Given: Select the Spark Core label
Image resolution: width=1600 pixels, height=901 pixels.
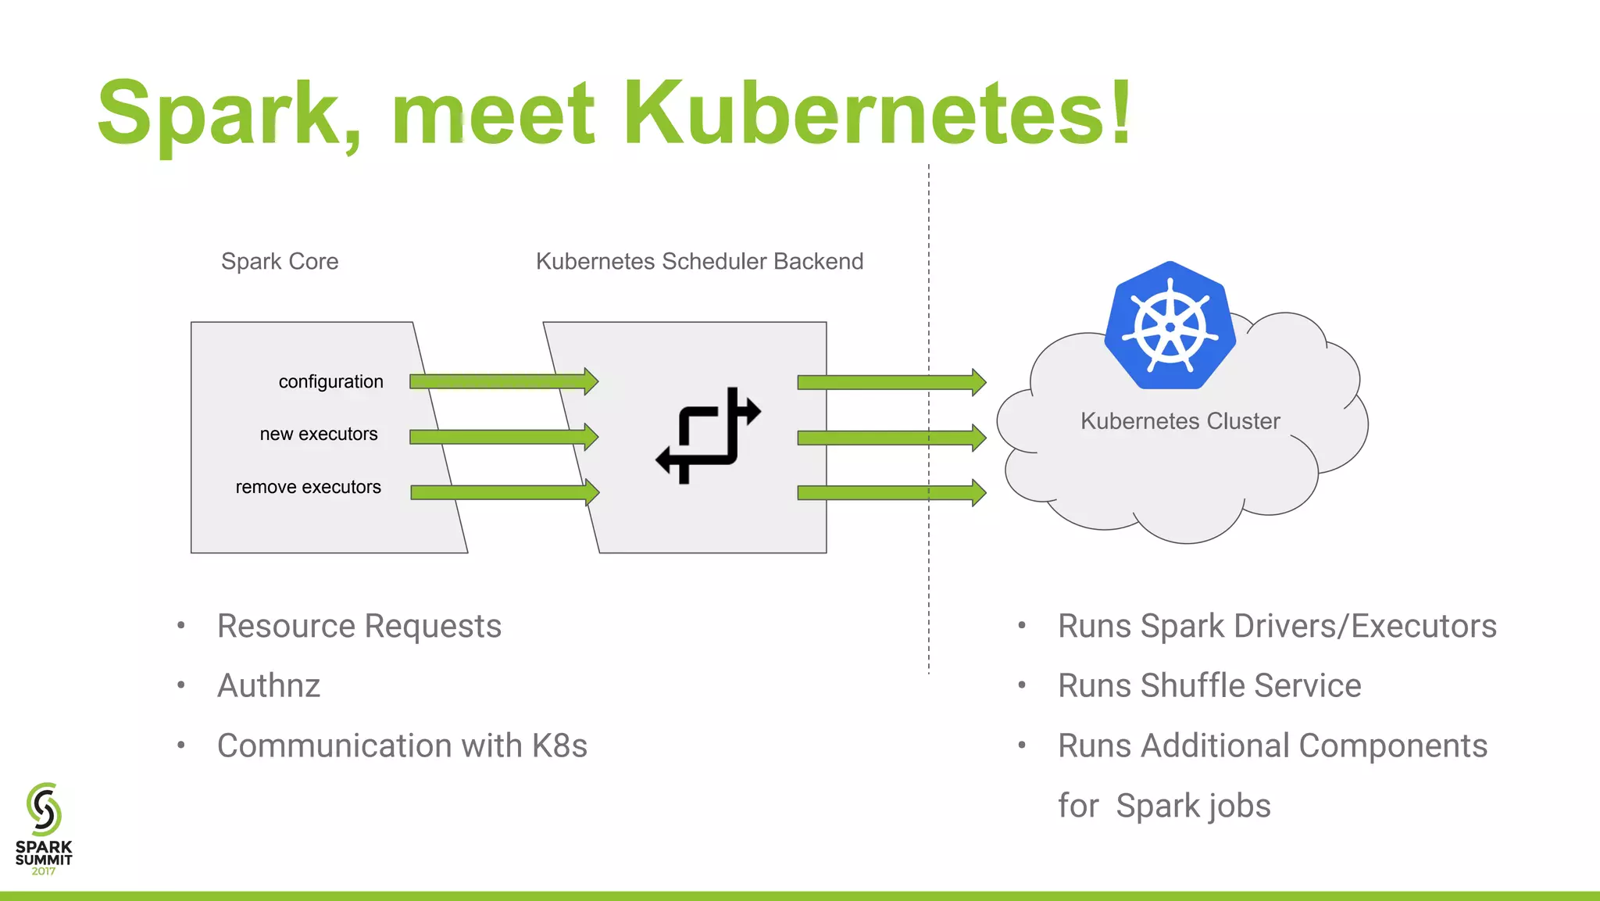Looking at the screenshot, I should tap(280, 261).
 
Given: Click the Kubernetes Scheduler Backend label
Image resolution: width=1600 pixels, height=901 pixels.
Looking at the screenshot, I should tap(699, 261).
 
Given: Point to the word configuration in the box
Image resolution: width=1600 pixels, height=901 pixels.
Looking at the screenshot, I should tap(330, 381).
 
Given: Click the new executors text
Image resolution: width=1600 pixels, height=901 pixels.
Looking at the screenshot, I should tap(319, 434).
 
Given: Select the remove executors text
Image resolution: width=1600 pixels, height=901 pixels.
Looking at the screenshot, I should tap(308, 487).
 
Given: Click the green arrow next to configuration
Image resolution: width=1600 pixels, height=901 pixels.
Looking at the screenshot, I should tap(504, 381).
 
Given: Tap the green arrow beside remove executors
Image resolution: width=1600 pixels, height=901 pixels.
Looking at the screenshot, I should tap(505, 492).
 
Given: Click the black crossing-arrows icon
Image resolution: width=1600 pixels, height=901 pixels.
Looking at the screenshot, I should tap(708, 436).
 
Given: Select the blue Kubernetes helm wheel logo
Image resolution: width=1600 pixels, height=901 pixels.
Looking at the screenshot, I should tap(1170, 326).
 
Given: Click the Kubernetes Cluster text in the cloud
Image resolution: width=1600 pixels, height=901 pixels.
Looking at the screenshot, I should tap(1180, 421).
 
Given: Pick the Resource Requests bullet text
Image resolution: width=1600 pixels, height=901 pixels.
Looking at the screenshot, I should tap(359, 626).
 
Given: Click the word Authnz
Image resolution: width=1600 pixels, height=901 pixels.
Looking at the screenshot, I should tap(269, 685).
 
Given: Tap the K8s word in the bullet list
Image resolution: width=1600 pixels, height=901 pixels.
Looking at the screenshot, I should tap(559, 745).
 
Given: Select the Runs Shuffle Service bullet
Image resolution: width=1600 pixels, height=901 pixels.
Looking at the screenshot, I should tap(1209, 685).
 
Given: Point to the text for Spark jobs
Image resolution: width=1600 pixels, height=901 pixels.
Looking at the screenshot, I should tap(1164, 806).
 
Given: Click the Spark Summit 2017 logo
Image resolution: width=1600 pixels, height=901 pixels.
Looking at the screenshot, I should tap(44, 828).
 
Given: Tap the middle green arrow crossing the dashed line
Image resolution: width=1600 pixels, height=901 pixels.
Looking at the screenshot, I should tap(891, 438).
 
